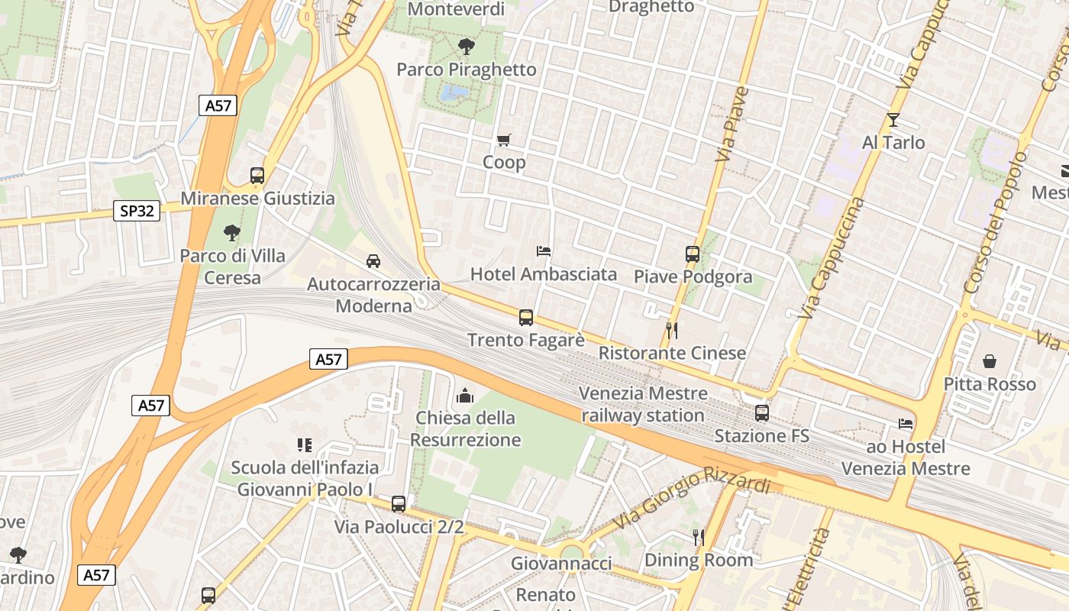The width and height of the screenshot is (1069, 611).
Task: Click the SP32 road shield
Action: [x=137, y=210]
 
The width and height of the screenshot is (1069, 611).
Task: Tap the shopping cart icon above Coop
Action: [x=503, y=140]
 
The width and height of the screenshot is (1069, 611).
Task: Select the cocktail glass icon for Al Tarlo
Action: [x=893, y=120]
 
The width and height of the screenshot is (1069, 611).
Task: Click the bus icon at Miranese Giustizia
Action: [x=257, y=176]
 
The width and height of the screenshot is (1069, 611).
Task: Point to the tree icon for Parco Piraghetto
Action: [x=466, y=47]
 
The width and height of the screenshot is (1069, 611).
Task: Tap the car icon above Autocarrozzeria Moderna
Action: [x=373, y=261]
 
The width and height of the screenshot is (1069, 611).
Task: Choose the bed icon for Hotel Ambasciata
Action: [x=544, y=251]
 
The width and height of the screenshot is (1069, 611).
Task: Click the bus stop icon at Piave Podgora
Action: [x=693, y=254]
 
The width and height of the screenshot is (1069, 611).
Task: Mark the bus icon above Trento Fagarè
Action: [x=526, y=318]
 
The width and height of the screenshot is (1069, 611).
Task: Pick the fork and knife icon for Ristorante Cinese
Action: [x=672, y=330]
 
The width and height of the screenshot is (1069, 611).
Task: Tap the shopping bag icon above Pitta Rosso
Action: [x=990, y=360]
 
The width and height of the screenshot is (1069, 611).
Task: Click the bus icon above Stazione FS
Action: [x=762, y=413]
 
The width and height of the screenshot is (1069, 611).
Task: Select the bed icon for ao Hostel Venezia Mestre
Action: [x=906, y=423]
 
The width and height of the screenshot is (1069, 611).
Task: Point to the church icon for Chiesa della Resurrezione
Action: [x=465, y=395]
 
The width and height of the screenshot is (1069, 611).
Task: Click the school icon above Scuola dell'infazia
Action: [x=304, y=445]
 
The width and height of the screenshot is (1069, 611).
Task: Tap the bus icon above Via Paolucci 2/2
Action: [x=399, y=504]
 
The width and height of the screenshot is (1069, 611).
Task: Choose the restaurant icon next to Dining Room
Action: [x=699, y=538]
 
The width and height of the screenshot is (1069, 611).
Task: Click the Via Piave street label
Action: [x=732, y=124]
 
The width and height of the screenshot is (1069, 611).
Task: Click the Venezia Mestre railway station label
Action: [x=643, y=405]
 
